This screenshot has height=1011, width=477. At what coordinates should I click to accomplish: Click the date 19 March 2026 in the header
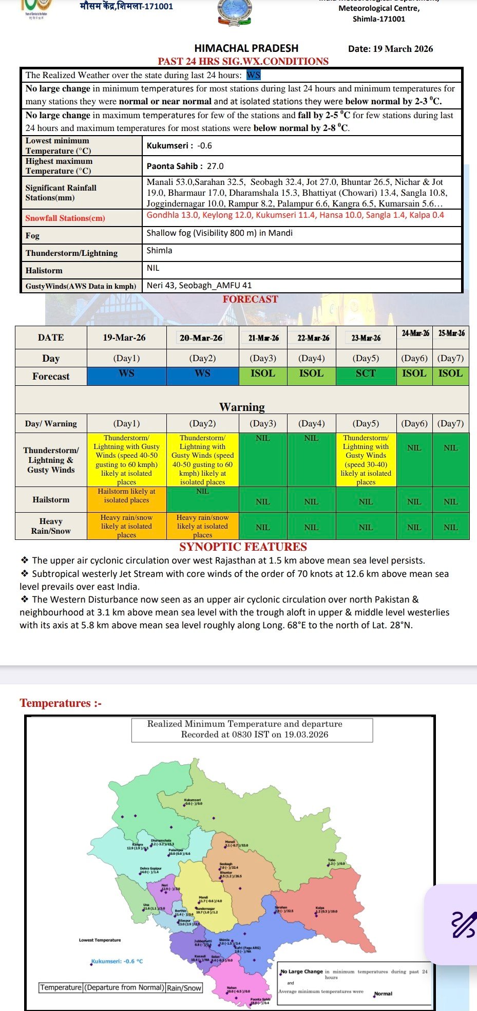click(x=390, y=49)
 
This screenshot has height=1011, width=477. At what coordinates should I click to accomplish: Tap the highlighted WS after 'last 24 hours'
click(x=254, y=75)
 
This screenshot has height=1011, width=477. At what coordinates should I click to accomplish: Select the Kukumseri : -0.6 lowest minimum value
click(x=179, y=145)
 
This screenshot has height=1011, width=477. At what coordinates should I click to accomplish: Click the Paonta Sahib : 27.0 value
click(x=185, y=166)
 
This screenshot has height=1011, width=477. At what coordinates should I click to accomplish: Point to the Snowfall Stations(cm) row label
click(x=65, y=218)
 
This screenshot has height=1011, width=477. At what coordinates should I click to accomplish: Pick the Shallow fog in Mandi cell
click(x=219, y=233)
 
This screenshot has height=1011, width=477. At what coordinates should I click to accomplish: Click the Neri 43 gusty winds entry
click(x=161, y=285)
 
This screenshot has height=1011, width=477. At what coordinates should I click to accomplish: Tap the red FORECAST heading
click(x=250, y=299)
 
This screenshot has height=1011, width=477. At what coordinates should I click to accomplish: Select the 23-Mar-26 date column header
click(x=366, y=338)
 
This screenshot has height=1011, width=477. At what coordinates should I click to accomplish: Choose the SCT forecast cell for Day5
click(x=366, y=373)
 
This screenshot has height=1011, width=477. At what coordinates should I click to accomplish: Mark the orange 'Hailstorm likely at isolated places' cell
click(x=126, y=496)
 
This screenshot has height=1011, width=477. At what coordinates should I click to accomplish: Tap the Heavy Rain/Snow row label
click(x=51, y=526)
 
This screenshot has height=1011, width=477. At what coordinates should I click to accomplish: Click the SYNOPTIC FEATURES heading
click(x=243, y=547)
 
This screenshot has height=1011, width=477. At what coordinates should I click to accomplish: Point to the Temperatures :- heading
click(x=61, y=703)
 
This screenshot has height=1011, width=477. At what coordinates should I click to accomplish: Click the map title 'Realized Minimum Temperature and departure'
click(x=244, y=724)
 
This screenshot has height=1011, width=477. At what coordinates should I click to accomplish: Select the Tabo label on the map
click(x=332, y=860)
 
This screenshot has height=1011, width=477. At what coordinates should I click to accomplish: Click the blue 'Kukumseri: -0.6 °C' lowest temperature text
click(x=117, y=961)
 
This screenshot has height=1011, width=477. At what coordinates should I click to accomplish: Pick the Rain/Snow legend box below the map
click(x=184, y=987)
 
